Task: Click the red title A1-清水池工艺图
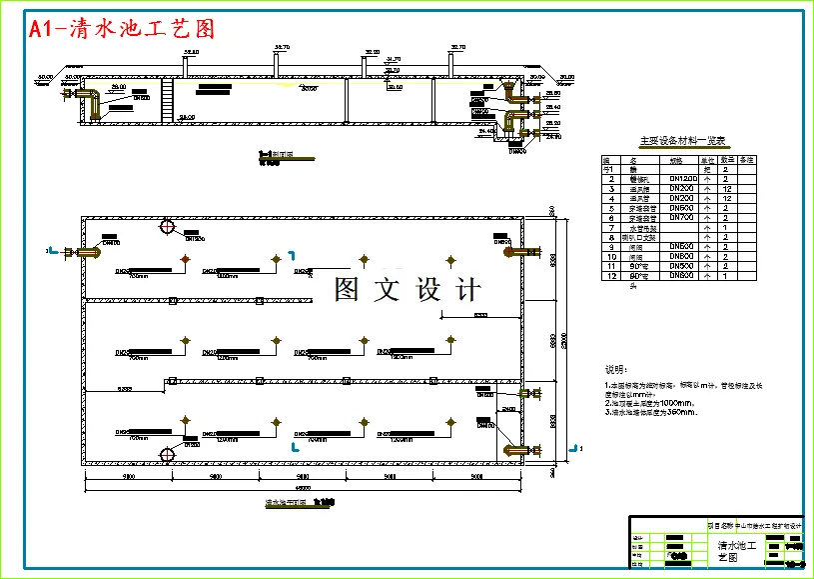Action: (122, 29)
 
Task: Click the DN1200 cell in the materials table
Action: (681, 179)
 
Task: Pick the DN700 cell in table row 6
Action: (681, 217)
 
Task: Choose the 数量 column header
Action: (728, 160)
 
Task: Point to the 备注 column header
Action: (747, 160)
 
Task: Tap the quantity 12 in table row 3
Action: (728, 189)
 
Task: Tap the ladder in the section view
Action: (168, 101)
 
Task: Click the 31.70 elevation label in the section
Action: (393, 60)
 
